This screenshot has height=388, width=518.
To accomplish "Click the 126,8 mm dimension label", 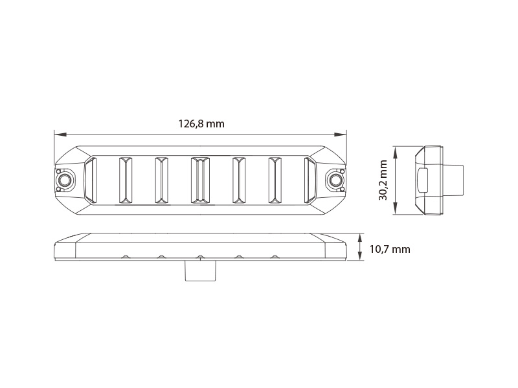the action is [201, 124].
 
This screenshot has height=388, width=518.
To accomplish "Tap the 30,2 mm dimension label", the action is [383, 180].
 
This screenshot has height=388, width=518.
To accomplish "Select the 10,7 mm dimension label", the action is [390, 249].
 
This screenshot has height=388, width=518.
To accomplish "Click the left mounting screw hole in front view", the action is [64, 180].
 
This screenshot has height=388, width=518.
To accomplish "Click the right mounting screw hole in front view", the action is [335, 180].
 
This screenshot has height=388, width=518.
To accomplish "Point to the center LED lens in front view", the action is [200, 180].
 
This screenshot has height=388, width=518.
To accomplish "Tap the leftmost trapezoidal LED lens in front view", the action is [90, 180].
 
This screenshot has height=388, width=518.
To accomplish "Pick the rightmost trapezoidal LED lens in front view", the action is [310, 180].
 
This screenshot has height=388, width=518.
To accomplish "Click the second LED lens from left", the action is [126, 180].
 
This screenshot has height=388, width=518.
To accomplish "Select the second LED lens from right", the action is [275, 180].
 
